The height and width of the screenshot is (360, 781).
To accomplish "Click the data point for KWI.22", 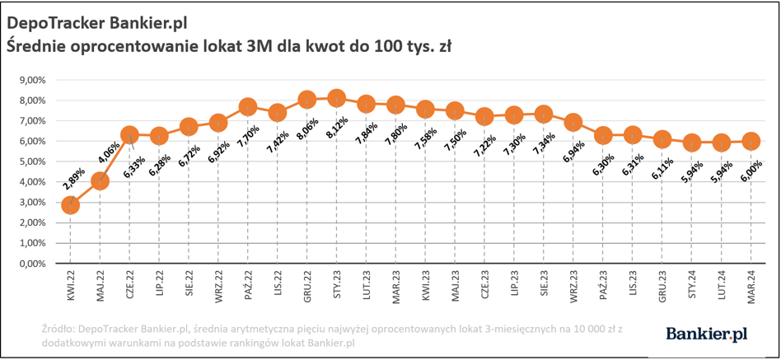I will coord(70,205).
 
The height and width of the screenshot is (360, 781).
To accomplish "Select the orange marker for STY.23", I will coord(336,99).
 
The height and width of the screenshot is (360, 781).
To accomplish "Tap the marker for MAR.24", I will coord(751,142).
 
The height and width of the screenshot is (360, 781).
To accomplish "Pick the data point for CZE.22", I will coord(129,134).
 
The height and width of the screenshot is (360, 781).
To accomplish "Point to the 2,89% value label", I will coord(72,180).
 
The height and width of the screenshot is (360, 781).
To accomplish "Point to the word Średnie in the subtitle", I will coord(38,44).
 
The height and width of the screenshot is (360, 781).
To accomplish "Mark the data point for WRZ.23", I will coord(573,123).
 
